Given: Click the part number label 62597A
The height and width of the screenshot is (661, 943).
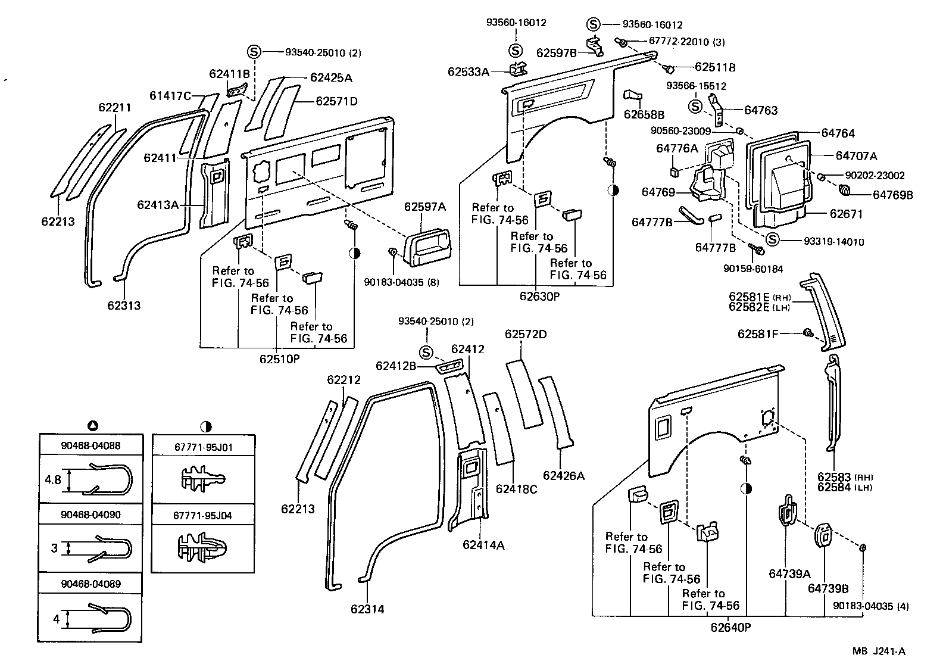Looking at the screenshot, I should click(425, 207).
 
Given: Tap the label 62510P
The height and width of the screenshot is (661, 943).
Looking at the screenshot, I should click(279, 359).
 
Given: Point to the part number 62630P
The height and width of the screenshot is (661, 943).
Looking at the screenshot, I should click(539, 295).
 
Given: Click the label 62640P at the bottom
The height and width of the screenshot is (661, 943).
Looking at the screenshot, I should click(730, 626).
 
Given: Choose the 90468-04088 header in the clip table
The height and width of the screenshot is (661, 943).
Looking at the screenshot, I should click(90, 445).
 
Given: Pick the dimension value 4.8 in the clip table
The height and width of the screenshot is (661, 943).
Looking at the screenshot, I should click(53, 479).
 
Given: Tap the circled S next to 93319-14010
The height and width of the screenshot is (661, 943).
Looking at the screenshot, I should click(772, 239).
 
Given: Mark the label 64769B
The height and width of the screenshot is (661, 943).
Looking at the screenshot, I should click(892, 195).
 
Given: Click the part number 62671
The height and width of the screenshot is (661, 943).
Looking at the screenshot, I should click(846, 214).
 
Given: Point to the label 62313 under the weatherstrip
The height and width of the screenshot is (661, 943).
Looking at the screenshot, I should click(124, 305).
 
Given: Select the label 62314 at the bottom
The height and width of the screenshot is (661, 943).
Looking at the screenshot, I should click(367, 609).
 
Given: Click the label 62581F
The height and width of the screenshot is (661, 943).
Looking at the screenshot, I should click(758, 334).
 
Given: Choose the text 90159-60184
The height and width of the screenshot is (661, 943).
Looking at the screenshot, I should click(753, 269).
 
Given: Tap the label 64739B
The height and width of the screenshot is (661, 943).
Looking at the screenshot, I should click(828, 588).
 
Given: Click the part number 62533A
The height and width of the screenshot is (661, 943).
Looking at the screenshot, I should click(469, 72).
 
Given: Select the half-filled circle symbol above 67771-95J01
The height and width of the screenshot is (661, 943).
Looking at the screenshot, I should click(206, 426).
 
